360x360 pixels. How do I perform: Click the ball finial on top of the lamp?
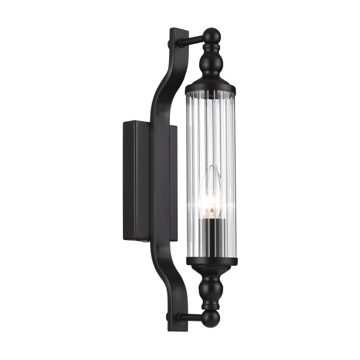tap(212, 34)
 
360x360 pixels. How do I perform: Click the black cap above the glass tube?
tap(213, 80)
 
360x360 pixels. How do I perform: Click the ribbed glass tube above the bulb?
tap(213, 126)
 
